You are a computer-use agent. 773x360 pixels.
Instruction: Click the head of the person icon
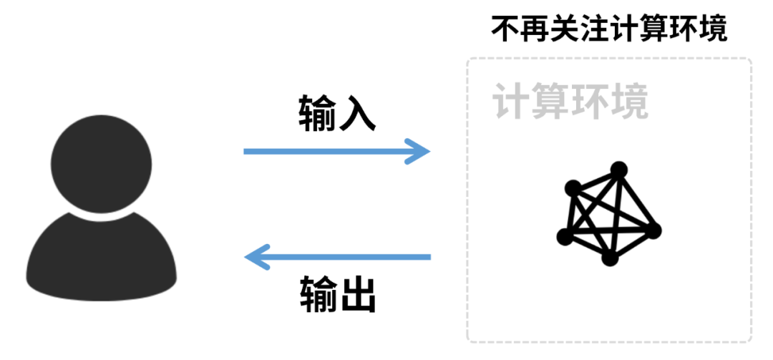100,165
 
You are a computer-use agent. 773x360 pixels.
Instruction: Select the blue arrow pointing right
336,151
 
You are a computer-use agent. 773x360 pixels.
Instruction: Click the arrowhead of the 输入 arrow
418,151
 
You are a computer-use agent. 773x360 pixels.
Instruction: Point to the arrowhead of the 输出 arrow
256,256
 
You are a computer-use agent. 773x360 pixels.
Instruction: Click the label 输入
336,114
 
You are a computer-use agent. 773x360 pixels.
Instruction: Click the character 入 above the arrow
356,114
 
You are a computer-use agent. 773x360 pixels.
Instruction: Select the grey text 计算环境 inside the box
570,102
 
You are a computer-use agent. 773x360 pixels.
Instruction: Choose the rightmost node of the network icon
653,230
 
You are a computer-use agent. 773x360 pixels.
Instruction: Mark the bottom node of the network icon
609,258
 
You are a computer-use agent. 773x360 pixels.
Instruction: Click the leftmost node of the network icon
565,236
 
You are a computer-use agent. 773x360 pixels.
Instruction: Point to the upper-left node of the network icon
573,189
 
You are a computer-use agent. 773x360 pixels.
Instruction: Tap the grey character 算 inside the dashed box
550,102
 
